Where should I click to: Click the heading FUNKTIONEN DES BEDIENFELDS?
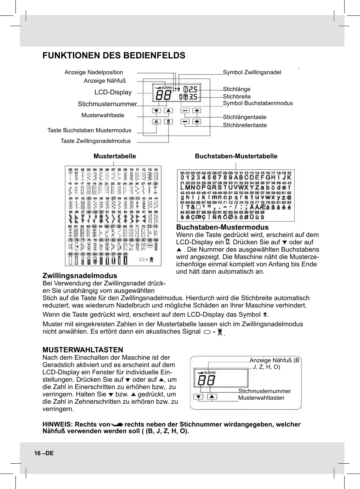click(x=114, y=55)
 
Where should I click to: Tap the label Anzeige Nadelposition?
click(x=94, y=72)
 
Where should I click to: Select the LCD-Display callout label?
click(x=113, y=92)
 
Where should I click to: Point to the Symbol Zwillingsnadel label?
click(x=252, y=72)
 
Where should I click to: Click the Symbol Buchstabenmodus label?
click(x=258, y=103)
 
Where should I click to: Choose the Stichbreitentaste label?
click(x=245, y=125)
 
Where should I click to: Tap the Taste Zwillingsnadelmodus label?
click(x=96, y=141)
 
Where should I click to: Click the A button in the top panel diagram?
click(x=156, y=122)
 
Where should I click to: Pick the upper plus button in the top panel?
click(x=197, y=111)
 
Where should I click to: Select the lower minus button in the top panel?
click(x=185, y=122)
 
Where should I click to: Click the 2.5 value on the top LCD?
click(x=193, y=89)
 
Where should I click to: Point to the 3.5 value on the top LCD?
click(x=193, y=97)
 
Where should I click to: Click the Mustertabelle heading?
click(x=115, y=156)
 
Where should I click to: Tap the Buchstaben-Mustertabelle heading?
click(x=236, y=156)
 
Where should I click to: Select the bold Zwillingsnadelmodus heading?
click(x=80, y=276)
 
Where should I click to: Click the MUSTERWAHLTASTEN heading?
click(x=83, y=350)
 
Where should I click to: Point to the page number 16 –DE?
click(x=44, y=453)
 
